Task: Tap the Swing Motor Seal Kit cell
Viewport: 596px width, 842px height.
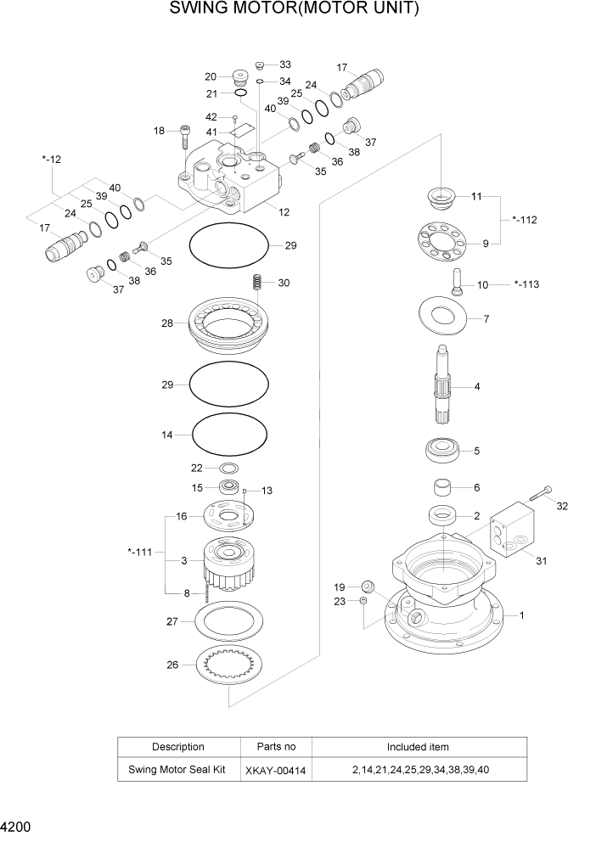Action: pyautogui.click(x=177, y=770)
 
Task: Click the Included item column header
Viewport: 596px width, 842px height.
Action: pyautogui.click(x=418, y=747)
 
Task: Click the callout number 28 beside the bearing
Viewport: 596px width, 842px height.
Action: pyautogui.click(x=166, y=323)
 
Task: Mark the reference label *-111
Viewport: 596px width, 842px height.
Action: pyautogui.click(x=139, y=552)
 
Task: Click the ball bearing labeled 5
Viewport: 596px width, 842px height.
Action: pyautogui.click(x=443, y=450)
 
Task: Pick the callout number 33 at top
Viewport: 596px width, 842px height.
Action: pyautogui.click(x=284, y=65)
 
